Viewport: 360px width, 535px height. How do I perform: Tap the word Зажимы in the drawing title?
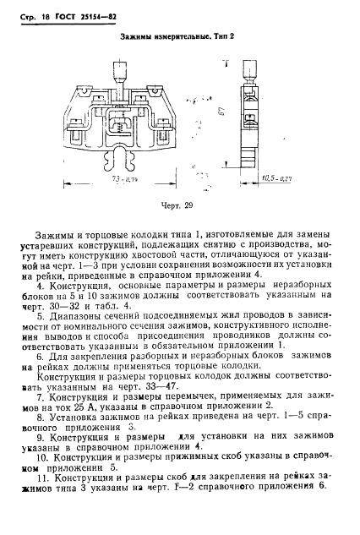coord(140,38)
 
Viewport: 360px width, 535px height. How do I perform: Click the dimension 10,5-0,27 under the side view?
coord(275,177)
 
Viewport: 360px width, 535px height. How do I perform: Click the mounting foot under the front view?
coord(132,161)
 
